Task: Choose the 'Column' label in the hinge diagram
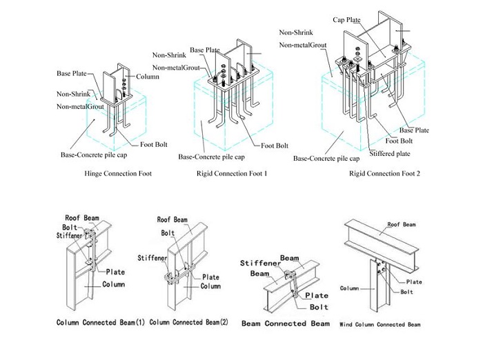click(x=148, y=76)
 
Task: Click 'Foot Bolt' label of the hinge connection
click(x=155, y=144)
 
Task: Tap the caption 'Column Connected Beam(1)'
click(x=100, y=322)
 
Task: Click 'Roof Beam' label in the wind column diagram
click(x=402, y=224)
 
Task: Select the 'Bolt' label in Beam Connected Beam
click(x=317, y=306)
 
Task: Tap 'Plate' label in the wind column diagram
click(x=414, y=281)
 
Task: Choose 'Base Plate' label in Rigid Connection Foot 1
click(x=205, y=50)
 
